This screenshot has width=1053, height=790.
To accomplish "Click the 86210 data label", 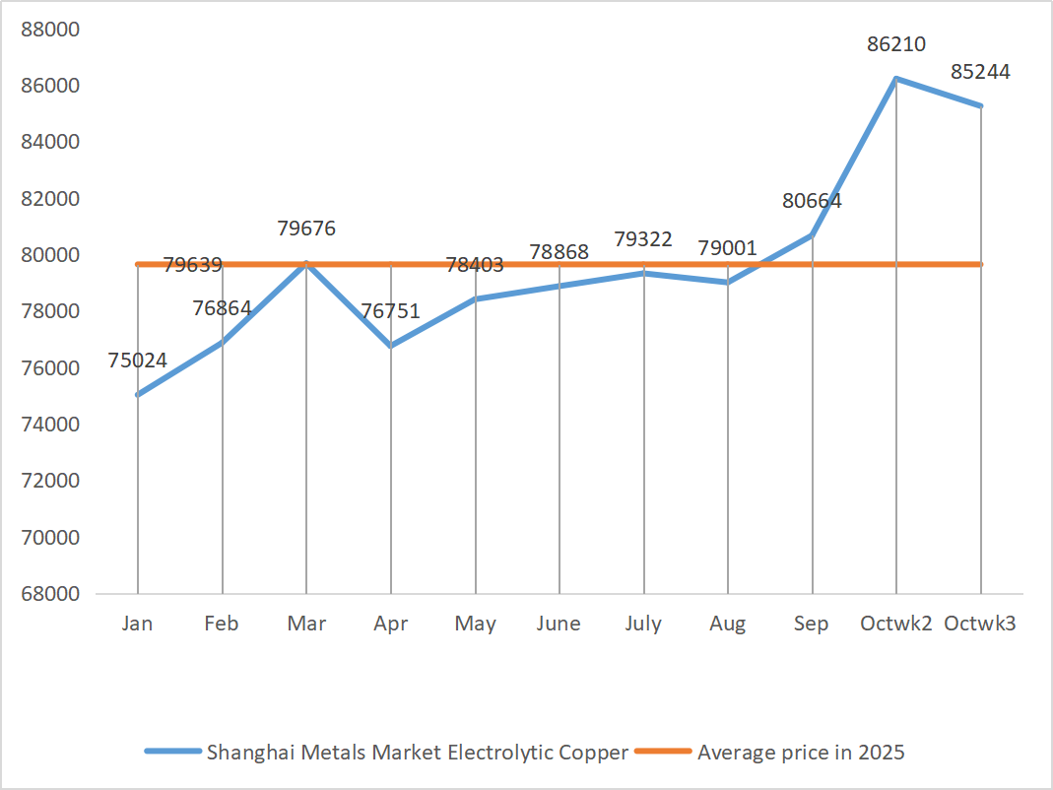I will (896, 44).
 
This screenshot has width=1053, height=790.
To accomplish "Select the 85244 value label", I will (980, 72).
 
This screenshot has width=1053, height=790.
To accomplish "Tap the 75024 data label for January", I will (137, 361).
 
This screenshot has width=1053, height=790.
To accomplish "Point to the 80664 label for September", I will (812, 201).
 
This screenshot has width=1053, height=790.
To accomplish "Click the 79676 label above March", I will (306, 229).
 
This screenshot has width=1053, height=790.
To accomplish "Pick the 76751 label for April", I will (390, 311).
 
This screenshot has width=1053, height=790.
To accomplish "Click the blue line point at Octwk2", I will (896, 78).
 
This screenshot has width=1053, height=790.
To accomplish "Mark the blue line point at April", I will (391, 346).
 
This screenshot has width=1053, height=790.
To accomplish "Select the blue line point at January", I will (138, 394).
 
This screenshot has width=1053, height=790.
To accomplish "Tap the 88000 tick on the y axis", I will (50, 30).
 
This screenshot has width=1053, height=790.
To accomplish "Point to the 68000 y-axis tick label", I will (50, 594).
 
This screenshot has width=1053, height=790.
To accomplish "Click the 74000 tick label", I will (50, 425).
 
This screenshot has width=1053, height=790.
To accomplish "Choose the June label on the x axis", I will (559, 624).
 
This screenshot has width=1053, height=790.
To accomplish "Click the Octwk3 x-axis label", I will (980, 624).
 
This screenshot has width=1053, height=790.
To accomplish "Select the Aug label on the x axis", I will (728, 624).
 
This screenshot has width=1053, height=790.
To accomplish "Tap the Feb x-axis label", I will (222, 624).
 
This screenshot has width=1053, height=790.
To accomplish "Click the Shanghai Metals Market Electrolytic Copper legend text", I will (417, 753).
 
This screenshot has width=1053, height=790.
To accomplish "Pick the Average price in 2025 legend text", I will (801, 753).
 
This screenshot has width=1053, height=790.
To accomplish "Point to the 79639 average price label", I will (192, 264).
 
